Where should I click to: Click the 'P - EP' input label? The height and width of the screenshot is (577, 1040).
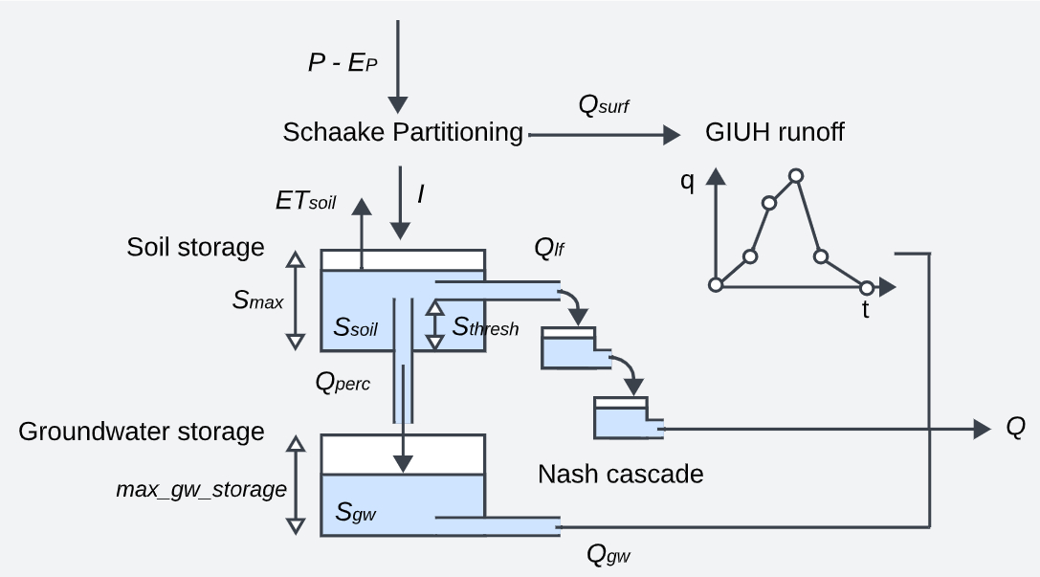pos(344,63)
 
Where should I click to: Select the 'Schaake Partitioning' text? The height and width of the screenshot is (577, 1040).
pos(403,132)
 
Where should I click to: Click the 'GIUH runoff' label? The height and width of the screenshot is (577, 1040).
pos(775,132)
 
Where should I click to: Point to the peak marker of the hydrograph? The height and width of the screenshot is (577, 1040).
pos(795,175)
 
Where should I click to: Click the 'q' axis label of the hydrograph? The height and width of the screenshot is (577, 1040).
pos(688,182)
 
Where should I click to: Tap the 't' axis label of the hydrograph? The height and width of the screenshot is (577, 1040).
pos(866,310)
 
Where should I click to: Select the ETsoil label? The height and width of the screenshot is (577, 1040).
pos(306,201)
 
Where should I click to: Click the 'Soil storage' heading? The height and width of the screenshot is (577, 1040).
pos(195,247)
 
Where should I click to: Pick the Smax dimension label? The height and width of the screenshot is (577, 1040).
pos(257,300)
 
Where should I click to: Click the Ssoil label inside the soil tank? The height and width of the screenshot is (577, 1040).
pos(355,328)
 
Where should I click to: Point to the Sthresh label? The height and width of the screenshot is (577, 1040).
pos(485,328)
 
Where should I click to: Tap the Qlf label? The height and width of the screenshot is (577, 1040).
pos(549,250)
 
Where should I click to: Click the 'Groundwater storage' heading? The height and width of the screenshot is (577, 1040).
pos(142,432)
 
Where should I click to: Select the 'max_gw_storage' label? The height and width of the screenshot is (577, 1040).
pos(202,490)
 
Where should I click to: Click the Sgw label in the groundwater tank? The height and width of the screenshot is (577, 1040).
pos(355,512)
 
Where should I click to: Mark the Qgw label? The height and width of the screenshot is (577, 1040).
pos(609,553)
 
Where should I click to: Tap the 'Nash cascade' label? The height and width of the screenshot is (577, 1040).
pos(620,474)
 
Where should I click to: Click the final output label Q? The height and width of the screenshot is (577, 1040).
pos(1015,428)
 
